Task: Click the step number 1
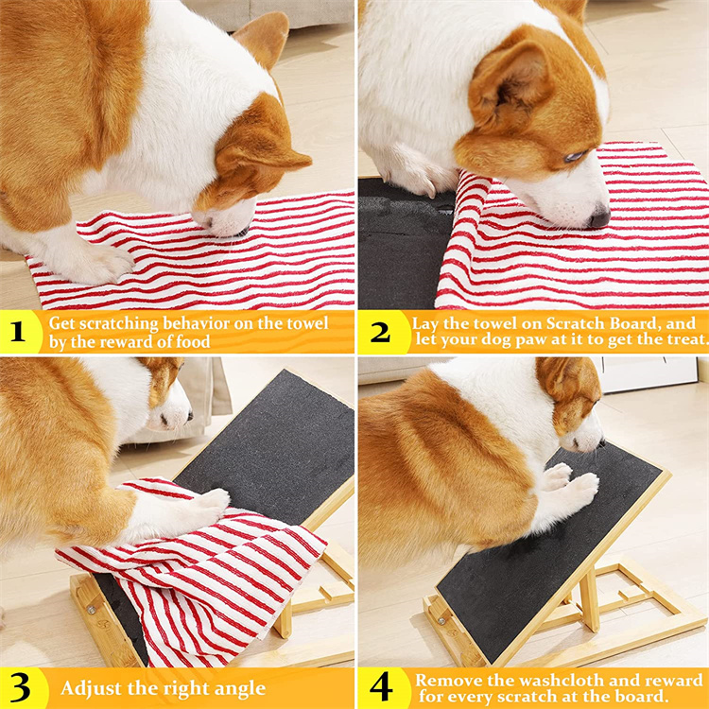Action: pos(17,332)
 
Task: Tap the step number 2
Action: pos(380,333)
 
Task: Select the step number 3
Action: pos(20,688)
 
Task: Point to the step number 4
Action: pos(381,687)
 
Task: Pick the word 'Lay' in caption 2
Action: pos(425,323)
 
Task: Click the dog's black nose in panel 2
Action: pos(599,218)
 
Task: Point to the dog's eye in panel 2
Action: pos(575,156)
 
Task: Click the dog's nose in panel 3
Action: pos(190,415)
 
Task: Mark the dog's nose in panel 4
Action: pos(599,442)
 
